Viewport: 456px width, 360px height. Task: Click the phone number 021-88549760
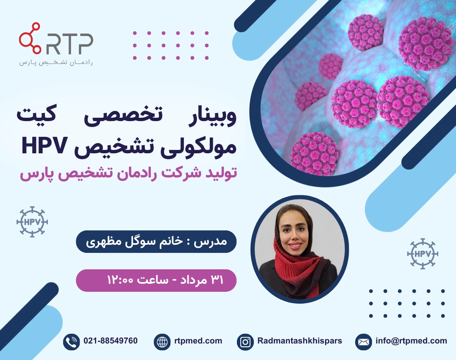coord(111,341)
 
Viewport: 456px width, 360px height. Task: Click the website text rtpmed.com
coord(198,341)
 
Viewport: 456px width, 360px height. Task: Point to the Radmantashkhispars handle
coord(300,341)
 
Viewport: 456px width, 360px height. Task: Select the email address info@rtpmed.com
coord(411,341)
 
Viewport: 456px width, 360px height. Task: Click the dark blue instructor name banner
coord(156,242)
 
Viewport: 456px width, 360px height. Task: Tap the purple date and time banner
coord(156,280)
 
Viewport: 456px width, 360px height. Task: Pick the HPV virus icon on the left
coord(32,222)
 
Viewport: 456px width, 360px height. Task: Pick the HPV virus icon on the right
coord(423,254)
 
